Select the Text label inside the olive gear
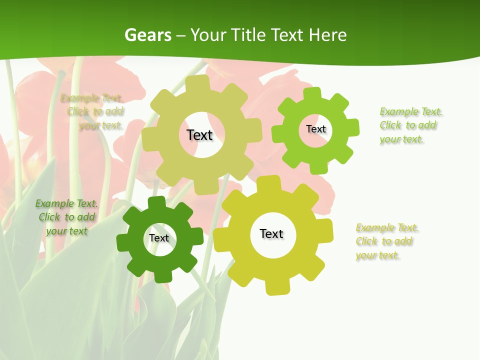pos(199,135)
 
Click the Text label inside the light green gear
pos(315,129)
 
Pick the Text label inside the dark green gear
pos(159,238)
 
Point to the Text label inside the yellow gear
pos(271,233)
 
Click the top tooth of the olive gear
pos(199,83)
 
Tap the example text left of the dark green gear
pos(66,217)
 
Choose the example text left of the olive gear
pos(95,111)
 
